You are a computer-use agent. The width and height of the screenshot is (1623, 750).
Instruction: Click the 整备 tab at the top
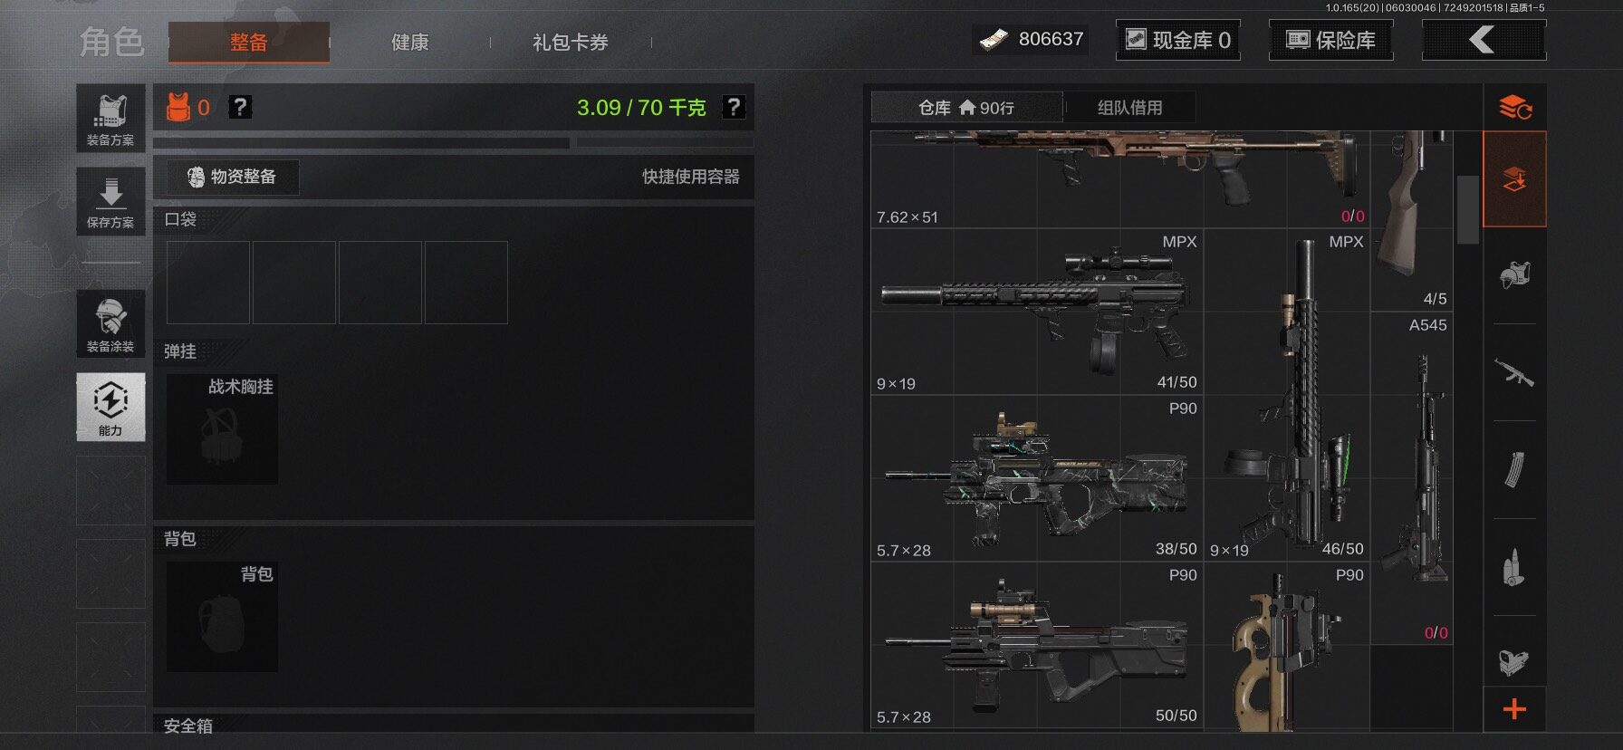click(248, 42)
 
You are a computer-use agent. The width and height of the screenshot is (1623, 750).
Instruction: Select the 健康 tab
click(409, 42)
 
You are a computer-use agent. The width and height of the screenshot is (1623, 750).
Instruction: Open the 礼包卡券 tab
click(570, 42)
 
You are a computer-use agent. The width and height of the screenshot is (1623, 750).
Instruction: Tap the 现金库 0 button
click(1178, 40)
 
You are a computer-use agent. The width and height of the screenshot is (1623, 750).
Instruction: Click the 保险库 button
click(1330, 40)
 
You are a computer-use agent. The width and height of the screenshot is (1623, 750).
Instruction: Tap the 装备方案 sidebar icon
click(110, 118)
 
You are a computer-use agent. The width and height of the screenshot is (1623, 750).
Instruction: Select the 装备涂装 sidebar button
click(110, 323)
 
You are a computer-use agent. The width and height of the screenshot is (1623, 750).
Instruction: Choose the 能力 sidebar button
click(110, 407)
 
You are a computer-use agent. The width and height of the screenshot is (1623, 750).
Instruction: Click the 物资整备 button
click(232, 177)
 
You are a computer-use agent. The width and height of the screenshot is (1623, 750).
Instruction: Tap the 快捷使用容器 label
click(691, 177)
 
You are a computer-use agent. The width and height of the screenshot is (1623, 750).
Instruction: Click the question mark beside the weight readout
click(734, 107)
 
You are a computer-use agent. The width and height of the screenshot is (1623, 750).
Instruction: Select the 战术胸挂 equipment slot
click(222, 428)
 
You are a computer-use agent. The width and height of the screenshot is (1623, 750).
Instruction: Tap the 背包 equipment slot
click(222, 617)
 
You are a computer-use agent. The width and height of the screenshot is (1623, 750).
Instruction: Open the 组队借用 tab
click(1129, 108)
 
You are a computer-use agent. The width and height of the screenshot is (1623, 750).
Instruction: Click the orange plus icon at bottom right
click(1514, 709)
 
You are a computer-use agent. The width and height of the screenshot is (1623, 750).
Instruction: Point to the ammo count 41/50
click(1176, 382)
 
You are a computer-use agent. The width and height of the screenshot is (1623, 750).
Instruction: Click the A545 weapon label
click(1428, 325)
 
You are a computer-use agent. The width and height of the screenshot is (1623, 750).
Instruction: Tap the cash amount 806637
click(1051, 39)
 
